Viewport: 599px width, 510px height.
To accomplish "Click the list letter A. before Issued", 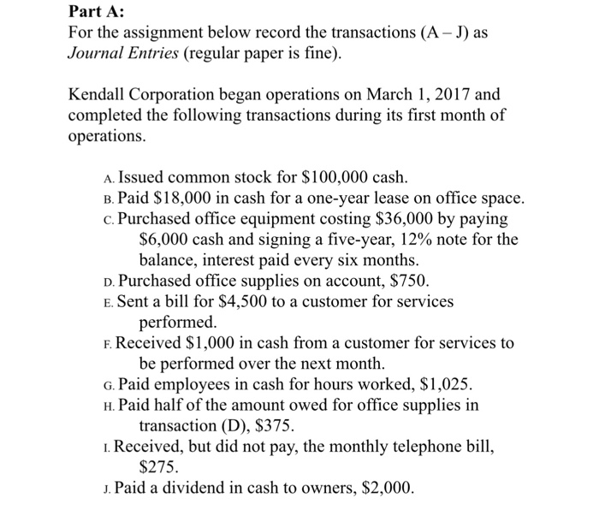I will (106, 180).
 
